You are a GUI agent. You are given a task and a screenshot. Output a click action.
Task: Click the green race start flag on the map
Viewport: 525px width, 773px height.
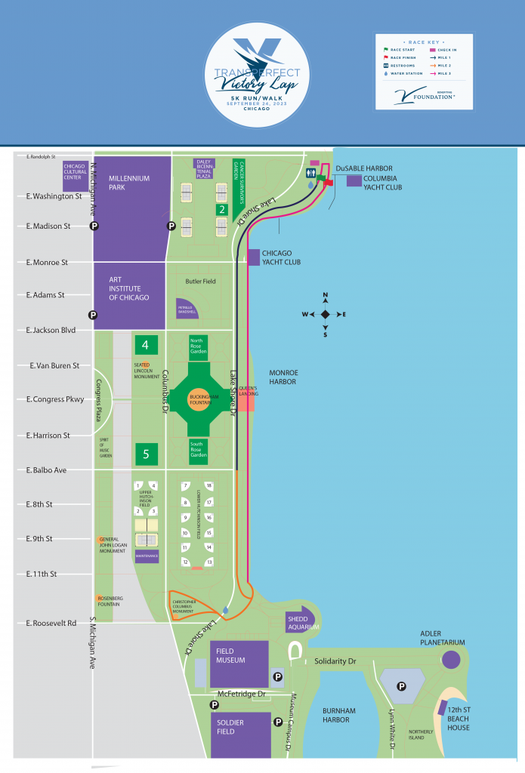pos(322,178)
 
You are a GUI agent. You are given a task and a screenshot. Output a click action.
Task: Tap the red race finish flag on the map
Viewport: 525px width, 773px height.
pos(329,182)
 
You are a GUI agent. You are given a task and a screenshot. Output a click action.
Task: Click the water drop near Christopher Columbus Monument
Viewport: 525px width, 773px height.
pos(225,610)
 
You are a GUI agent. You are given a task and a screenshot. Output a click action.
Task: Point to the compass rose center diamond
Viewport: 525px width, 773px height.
pos(325,314)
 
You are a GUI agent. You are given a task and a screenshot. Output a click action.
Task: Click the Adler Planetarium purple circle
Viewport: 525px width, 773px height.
pos(451,660)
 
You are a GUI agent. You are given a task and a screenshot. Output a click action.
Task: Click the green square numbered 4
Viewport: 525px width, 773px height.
pos(146,345)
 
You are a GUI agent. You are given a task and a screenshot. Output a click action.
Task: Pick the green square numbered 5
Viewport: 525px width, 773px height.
pos(146,454)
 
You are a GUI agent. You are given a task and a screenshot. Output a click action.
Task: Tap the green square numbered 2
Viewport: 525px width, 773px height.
pos(222,210)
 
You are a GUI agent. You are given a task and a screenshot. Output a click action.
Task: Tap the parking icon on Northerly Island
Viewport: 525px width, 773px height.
pos(402,687)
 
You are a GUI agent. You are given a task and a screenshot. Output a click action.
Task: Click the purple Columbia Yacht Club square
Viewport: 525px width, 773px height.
pos(354,180)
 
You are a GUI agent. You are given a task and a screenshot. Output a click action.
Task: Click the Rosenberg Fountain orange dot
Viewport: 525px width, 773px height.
pos(100,599)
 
